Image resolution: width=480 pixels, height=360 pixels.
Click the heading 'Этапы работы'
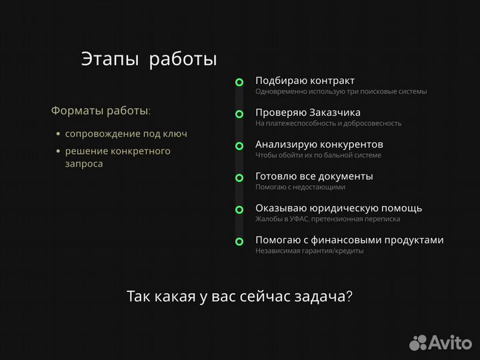point(149,59)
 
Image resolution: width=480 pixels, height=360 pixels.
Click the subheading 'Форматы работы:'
point(101,110)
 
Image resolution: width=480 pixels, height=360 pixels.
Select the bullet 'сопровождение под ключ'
point(126,133)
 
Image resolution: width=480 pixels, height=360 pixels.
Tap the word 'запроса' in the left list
point(84,163)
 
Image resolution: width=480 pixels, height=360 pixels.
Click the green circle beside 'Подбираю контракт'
point(239,82)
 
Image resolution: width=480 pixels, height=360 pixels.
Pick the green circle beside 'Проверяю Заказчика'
point(239,114)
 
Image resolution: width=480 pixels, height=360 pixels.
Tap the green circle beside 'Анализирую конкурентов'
point(239,146)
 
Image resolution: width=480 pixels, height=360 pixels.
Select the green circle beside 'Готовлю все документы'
point(239,178)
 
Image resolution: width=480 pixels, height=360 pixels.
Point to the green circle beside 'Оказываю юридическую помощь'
point(239,209)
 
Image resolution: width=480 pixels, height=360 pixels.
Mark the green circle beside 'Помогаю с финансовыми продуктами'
point(239,241)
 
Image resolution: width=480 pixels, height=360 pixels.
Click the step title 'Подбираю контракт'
point(305,81)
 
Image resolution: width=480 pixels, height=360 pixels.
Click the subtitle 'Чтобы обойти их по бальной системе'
point(318,155)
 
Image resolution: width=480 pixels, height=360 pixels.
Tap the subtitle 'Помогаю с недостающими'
point(300,187)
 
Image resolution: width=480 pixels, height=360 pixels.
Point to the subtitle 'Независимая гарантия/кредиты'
point(309,251)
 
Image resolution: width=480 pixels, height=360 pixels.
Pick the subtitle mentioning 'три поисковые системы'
point(341,91)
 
